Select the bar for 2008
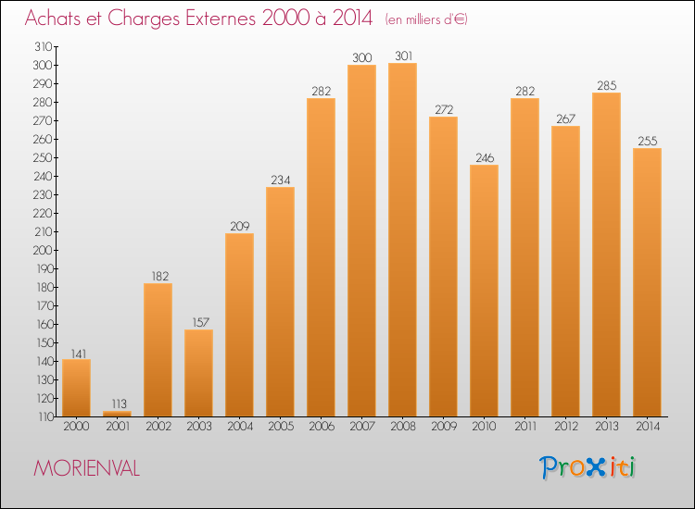pyautogui.click(x=402, y=240)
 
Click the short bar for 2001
pyautogui.click(x=117, y=413)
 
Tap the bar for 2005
pyautogui.click(x=280, y=302)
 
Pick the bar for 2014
pyautogui.click(x=647, y=282)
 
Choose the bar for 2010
pyautogui.click(x=484, y=291)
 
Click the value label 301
pyautogui.click(x=402, y=56)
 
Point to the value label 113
pyautogui.click(x=117, y=403)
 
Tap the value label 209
pyautogui.click(x=239, y=226)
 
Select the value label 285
pyautogui.click(x=606, y=85)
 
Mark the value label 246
pyautogui.click(x=484, y=157)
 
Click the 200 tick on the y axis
pyautogui.click(x=43, y=250)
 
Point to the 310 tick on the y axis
pyautogui.click(x=43, y=46)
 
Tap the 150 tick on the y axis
pyautogui.click(x=43, y=342)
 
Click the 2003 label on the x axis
pyautogui.click(x=198, y=427)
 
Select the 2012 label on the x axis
pyautogui.click(x=565, y=427)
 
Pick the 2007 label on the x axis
pyautogui.click(x=361, y=427)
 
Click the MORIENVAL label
pyautogui.click(x=86, y=469)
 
